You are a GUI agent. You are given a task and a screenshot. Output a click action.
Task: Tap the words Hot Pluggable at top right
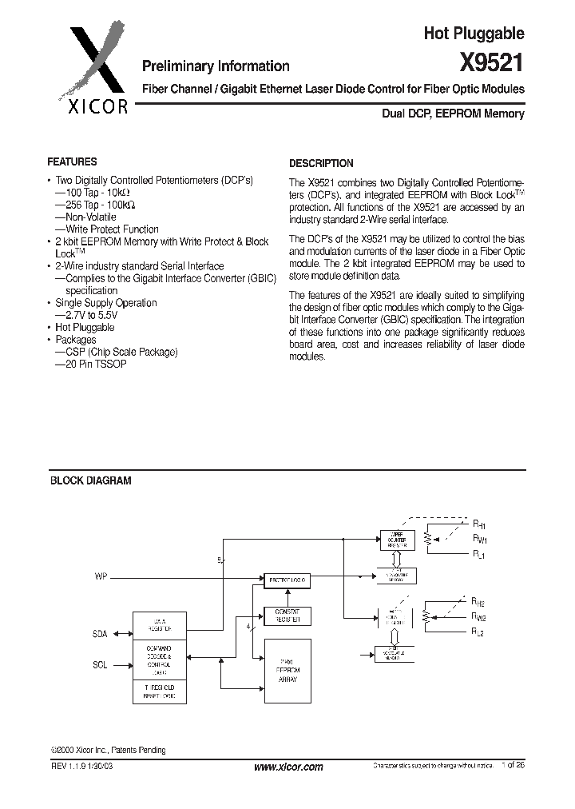coord(474,33)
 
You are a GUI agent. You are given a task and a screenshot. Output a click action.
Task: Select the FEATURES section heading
coord(73,161)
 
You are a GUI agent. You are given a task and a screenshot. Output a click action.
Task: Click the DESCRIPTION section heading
coord(321,163)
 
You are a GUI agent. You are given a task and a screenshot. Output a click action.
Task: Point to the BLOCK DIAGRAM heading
coord(91,480)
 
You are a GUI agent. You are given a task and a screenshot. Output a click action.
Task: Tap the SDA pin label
coord(99,634)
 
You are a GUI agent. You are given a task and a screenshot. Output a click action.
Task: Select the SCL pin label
coord(100,664)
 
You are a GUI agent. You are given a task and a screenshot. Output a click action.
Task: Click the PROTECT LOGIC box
coord(287,580)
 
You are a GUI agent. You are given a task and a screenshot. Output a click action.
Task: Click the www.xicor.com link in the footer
coord(287,767)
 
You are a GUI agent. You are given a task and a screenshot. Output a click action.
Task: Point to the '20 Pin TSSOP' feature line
coord(94,364)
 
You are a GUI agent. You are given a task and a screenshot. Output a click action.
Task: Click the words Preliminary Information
coord(216,66)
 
